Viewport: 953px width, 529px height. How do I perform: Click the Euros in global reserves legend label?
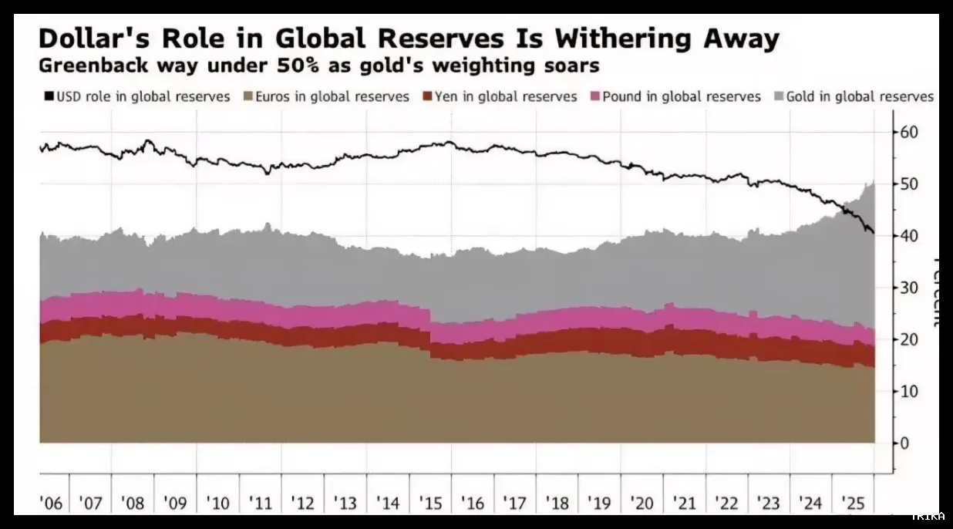click(332, 96)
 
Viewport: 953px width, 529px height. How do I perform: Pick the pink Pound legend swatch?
click(594, 96)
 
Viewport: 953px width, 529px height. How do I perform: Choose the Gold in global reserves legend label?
click(860, 96)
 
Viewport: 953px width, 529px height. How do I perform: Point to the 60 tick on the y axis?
click(908, 132)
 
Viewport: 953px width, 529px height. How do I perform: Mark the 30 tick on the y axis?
click(908, 288)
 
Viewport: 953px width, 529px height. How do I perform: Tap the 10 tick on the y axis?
click(908, 391)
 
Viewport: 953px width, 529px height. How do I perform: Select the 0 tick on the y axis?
click(904, 443)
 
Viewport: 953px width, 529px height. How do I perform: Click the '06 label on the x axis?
click(50, 504)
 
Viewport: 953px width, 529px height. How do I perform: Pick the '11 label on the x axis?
click(261, 504)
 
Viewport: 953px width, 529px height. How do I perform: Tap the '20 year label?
click(642, 504)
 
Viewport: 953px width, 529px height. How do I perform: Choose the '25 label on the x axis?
click(853, 504)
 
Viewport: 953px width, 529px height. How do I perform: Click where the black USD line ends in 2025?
click(873, 233)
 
